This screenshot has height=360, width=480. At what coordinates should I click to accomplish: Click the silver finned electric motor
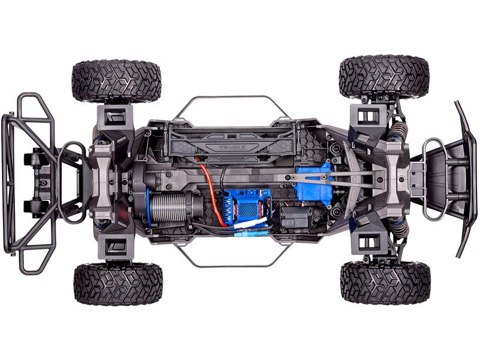[x=171, y=208]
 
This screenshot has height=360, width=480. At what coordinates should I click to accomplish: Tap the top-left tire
[x=116, y=81]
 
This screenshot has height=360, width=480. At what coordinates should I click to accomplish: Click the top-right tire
[x=384, y=77]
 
